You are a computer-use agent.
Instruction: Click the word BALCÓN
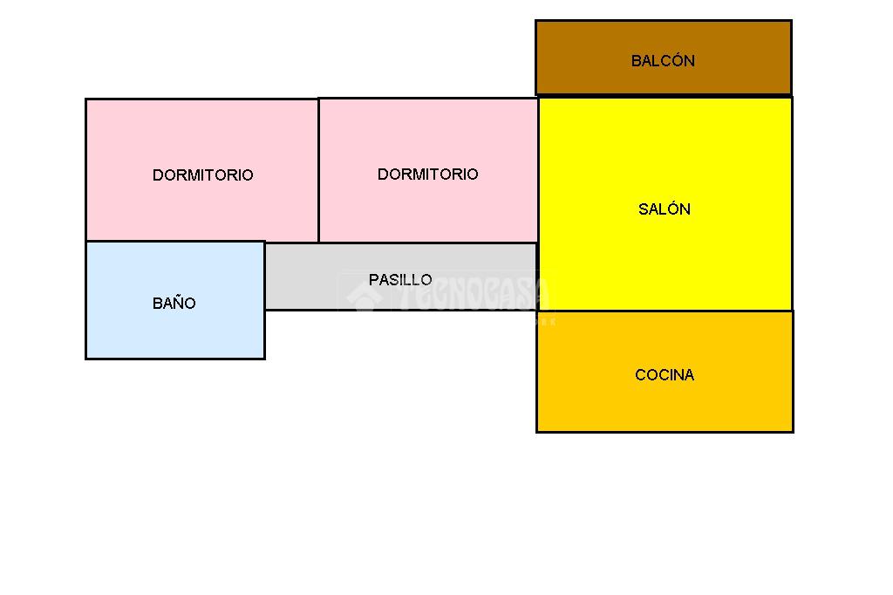(663, 61)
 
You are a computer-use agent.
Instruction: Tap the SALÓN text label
(665, 209)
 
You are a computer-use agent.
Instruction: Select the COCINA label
(665, 375)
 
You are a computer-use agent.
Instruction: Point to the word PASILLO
(400, 280)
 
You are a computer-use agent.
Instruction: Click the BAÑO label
(174, 304)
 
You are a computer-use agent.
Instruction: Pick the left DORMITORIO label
(203, 175)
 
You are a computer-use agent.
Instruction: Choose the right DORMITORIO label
(427, 174)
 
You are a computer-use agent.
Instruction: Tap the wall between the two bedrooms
(318, 170)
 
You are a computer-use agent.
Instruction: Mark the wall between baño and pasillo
(264, 275)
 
